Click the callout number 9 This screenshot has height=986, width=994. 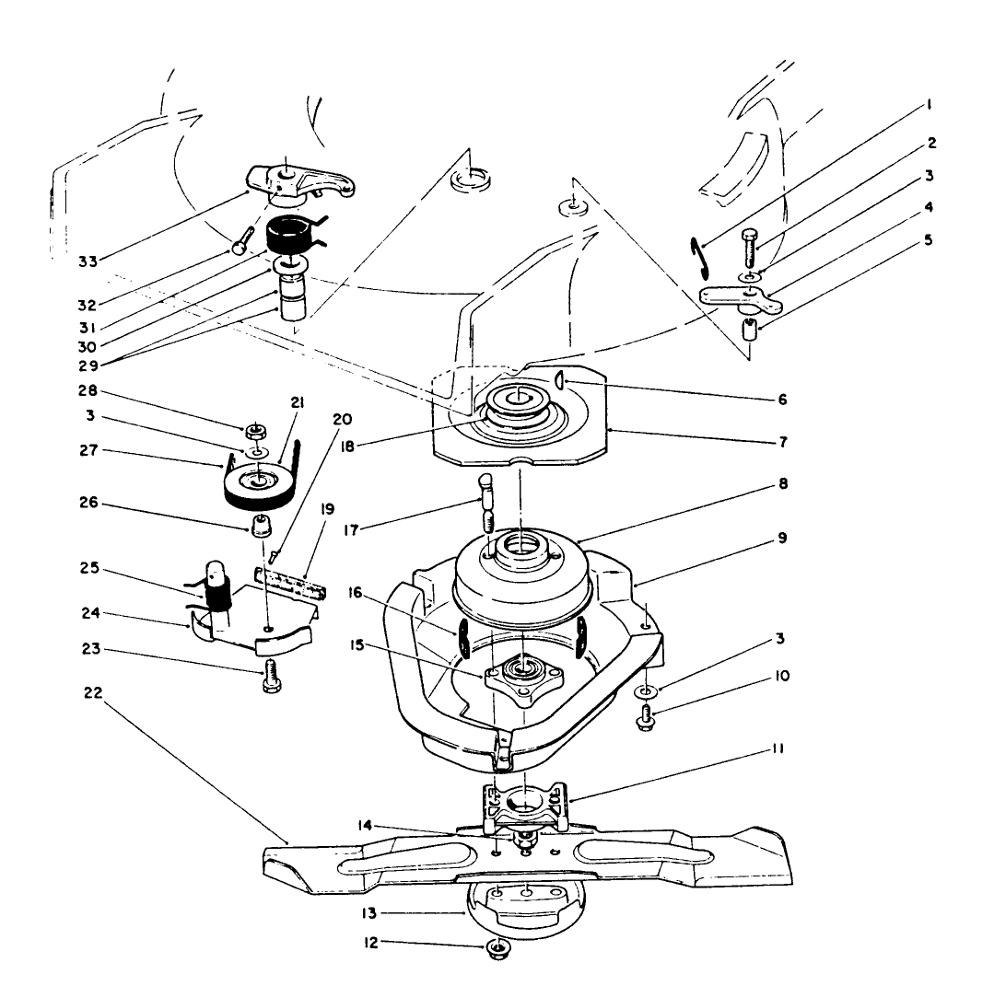[782, 539]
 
